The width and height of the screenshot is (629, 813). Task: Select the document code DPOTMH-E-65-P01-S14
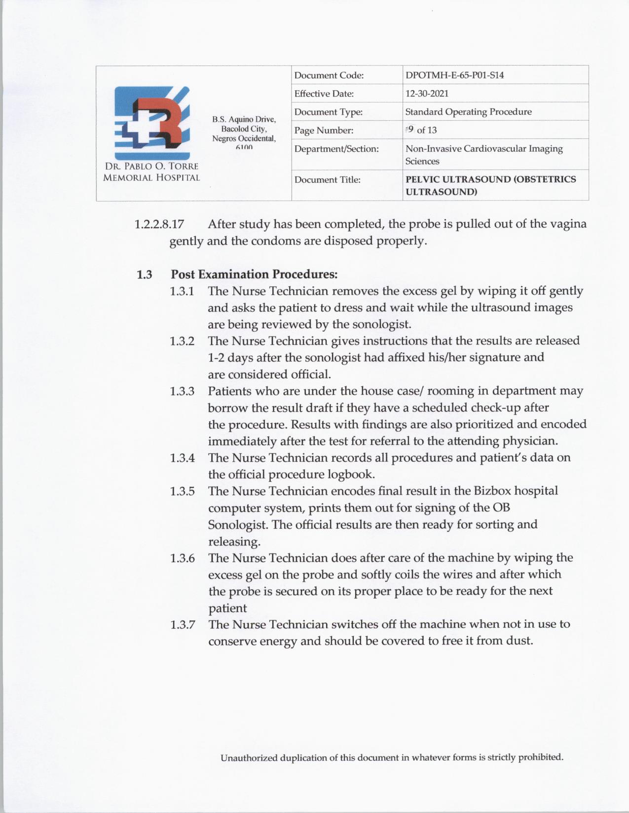click(x=454, y=75)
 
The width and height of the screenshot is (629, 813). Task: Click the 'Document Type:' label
click(x=329, y=112)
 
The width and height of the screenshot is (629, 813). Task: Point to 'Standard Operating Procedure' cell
click(x=468, y=112)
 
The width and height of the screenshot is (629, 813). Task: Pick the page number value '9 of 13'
click(x=422, y=130)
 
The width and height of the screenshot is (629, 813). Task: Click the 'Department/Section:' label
click(x=336, y=148)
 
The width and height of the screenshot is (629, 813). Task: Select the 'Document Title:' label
click(x=327, y=180)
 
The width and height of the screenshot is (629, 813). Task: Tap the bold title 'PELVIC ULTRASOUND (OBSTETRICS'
click(x=490, y=179)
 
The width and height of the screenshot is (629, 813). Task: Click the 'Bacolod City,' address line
click(x=244, y=129)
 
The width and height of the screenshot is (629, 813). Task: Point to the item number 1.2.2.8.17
click(x=159, y=225)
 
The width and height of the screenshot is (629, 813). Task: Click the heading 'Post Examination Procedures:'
click(x=254, y=274)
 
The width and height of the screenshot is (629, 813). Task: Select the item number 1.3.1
click(x=182, y=291)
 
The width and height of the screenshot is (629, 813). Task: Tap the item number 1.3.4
click(x=182, y=458)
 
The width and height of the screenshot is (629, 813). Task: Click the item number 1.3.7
click(x=182, y=624)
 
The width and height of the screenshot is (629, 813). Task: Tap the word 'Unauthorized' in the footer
click(x=249, y=758)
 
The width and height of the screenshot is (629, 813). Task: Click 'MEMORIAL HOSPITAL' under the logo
click(x=151, y=178)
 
